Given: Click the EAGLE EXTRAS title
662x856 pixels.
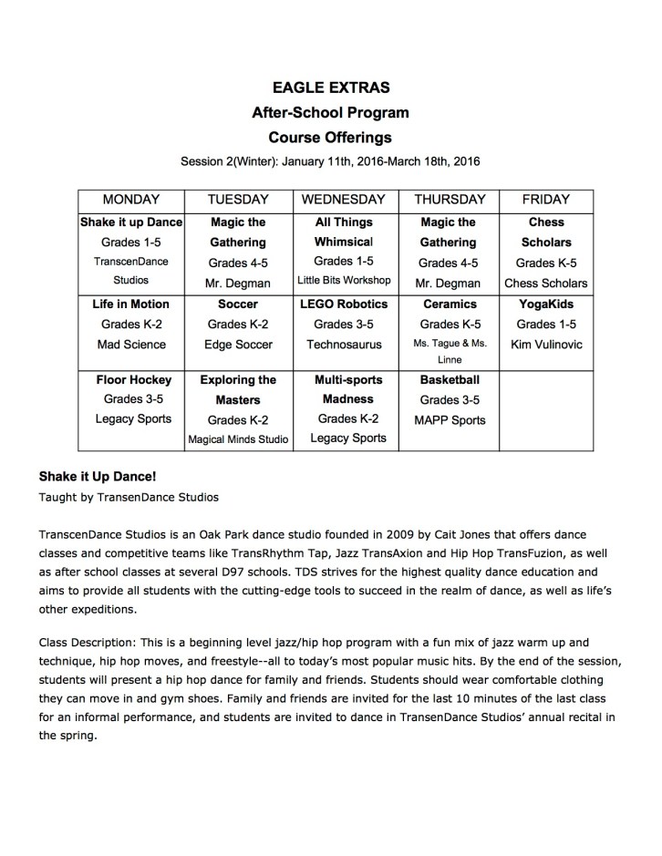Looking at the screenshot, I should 330,88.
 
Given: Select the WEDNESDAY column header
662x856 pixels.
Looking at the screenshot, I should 345,200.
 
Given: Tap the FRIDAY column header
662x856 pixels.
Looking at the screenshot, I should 545,200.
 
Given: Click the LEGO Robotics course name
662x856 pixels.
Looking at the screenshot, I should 345,304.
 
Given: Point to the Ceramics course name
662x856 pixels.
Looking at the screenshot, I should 450,304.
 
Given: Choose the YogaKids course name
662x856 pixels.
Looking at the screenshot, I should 546,304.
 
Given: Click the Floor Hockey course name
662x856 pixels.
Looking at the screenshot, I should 131,378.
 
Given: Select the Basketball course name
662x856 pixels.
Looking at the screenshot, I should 450,378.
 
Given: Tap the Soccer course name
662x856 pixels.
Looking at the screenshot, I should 238,304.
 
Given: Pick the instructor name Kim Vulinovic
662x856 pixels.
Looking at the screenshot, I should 546,345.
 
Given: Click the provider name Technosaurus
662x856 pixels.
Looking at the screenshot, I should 345,345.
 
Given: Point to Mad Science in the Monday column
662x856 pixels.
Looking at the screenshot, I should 131,345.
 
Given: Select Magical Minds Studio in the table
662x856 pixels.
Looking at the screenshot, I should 238,439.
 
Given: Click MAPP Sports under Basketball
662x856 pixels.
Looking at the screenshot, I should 450,419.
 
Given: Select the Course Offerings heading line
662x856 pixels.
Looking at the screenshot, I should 330,138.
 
